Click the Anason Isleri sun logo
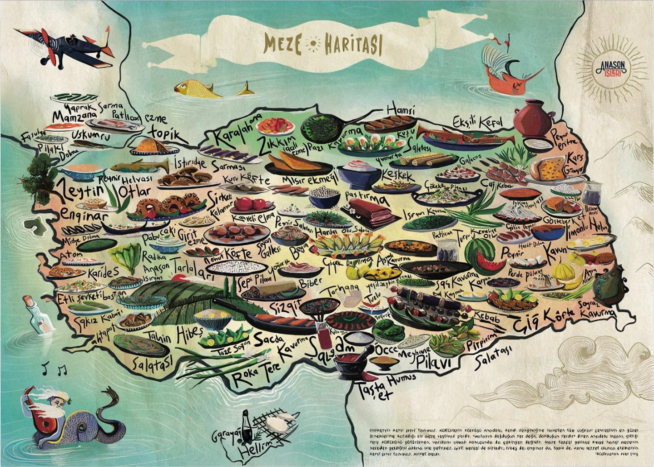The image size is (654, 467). pos(611,68)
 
